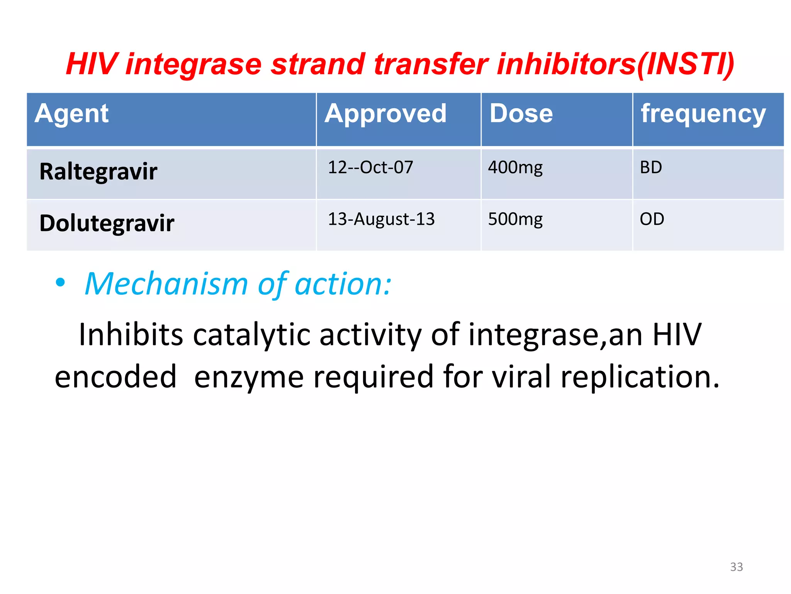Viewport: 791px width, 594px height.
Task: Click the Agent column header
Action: coord(71,114)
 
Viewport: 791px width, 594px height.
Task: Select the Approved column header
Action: coord(385,114)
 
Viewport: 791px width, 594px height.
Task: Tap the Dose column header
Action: coord(521,114)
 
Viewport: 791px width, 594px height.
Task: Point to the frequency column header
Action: coord(703,114)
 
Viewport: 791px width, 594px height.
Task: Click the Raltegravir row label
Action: coord(98,172)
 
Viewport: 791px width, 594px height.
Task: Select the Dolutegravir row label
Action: coord(107,224)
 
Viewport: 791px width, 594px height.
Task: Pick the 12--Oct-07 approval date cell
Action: coord(370,167)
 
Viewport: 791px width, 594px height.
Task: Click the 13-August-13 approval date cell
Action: coord(381,219)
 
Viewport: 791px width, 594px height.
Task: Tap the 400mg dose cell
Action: coord(515,168)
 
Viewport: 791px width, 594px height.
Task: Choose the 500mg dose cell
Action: coord(515,220)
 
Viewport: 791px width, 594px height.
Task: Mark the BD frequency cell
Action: coord(651,168)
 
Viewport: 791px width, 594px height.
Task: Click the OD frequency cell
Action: coord(652,219)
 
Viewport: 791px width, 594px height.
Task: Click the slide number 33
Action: coord(736,567)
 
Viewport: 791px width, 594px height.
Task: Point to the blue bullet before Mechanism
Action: coord(60,283)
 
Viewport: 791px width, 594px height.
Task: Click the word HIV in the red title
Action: coord(91,64)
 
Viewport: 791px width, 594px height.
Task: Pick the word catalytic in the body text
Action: coord(251,335)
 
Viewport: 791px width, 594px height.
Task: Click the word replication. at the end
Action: coord(640,377)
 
